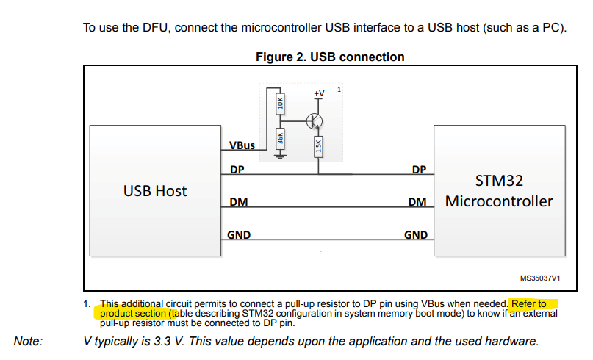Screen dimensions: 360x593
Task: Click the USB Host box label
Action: click(x=154, y=191)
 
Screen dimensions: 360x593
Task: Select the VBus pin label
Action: click(x=242, y=145)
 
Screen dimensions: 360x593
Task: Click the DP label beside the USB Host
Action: click(x=237, y=170)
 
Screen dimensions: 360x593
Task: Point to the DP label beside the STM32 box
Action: click(x=419, y=170)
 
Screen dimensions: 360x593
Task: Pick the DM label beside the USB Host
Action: click(x=238, y=201)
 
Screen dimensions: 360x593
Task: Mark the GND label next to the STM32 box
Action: click(x=416, y=235)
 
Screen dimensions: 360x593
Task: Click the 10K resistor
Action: click(x=279, y=104)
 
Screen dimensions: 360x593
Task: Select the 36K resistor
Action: click(x=279, y=137)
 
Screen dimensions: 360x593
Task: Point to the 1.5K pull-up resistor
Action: click(x=318, y=146)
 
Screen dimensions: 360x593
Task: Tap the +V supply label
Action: click(x=318, y=93)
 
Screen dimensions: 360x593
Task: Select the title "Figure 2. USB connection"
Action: click(x=330, y=57)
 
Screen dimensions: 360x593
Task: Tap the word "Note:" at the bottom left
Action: click(x=29, y=340)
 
